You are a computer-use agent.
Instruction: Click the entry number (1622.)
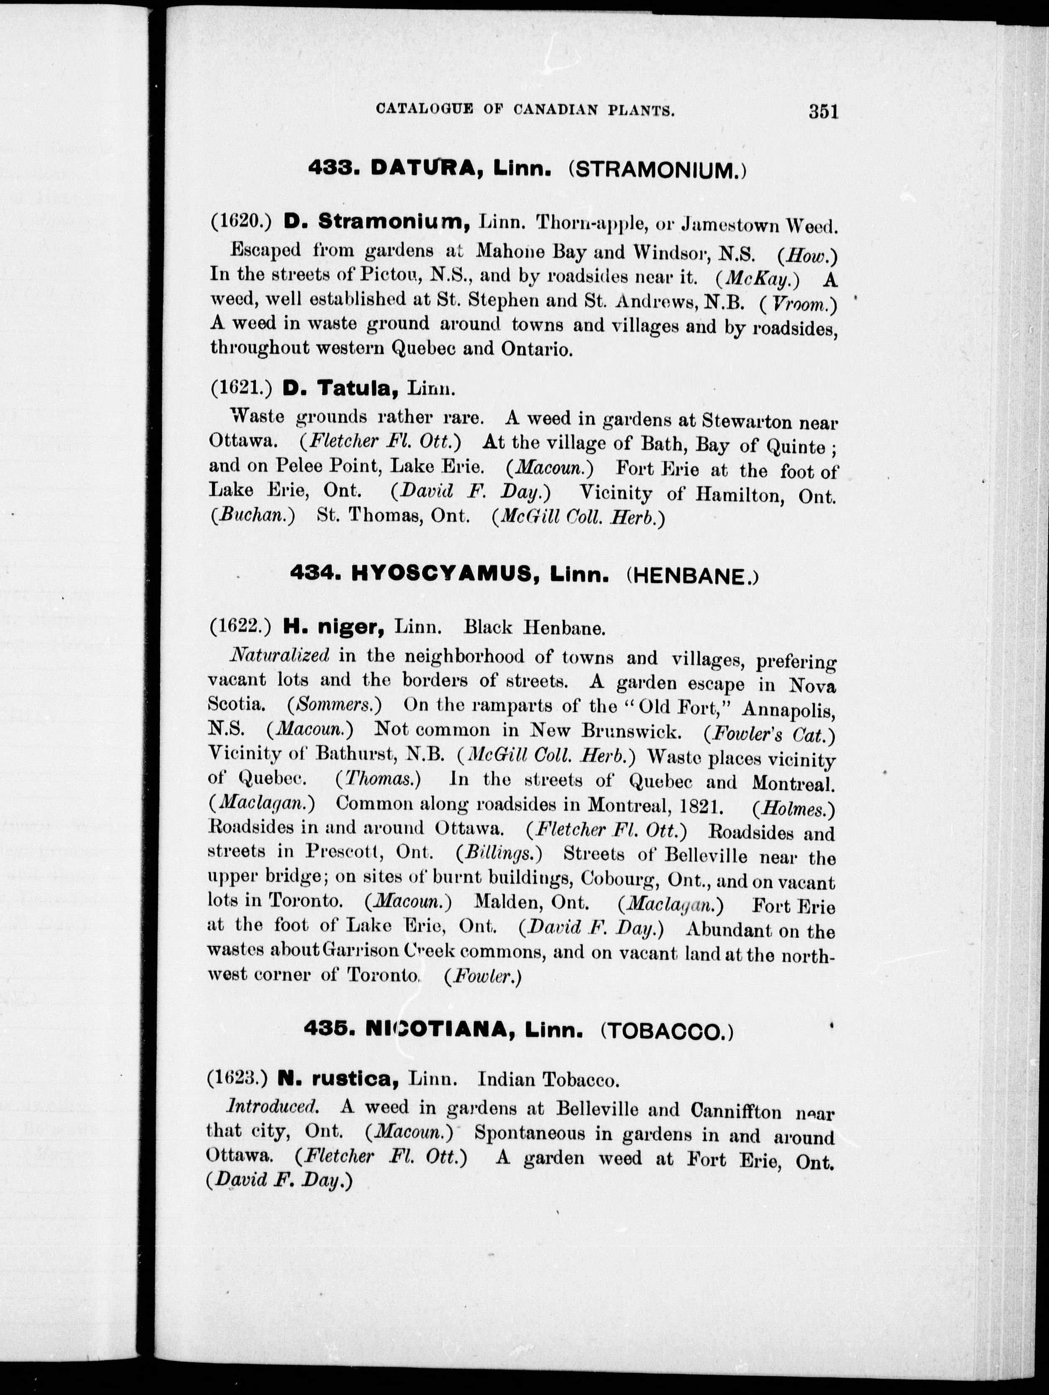pos(240,626)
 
